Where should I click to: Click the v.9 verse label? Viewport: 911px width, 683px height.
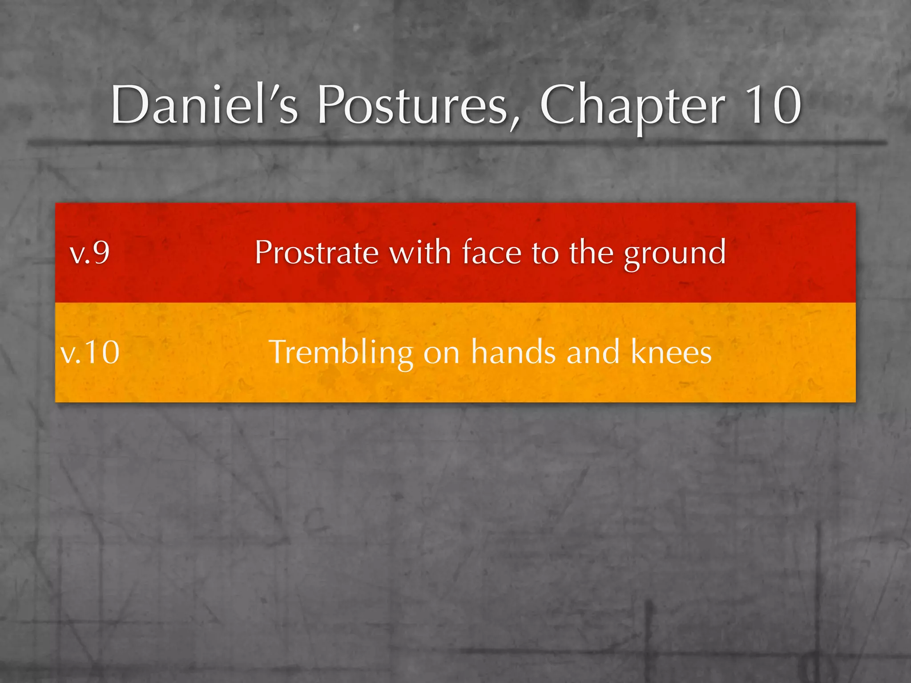coord(90,253)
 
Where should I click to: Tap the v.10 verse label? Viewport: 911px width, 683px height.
coord(90,352)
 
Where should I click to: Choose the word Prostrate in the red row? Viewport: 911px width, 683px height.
coord(316,253)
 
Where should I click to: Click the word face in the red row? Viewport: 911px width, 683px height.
coord(491,253)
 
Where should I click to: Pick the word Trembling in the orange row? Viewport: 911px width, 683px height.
coord(341,353)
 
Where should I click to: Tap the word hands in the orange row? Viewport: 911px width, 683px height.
coord(513,352)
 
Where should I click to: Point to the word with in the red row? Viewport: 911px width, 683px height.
coord(420,252)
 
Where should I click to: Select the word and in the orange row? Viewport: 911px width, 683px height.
coord(593,352)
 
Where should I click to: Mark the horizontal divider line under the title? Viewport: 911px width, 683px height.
coord(455,143)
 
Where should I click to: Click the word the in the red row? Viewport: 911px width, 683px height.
coord(591,252)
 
